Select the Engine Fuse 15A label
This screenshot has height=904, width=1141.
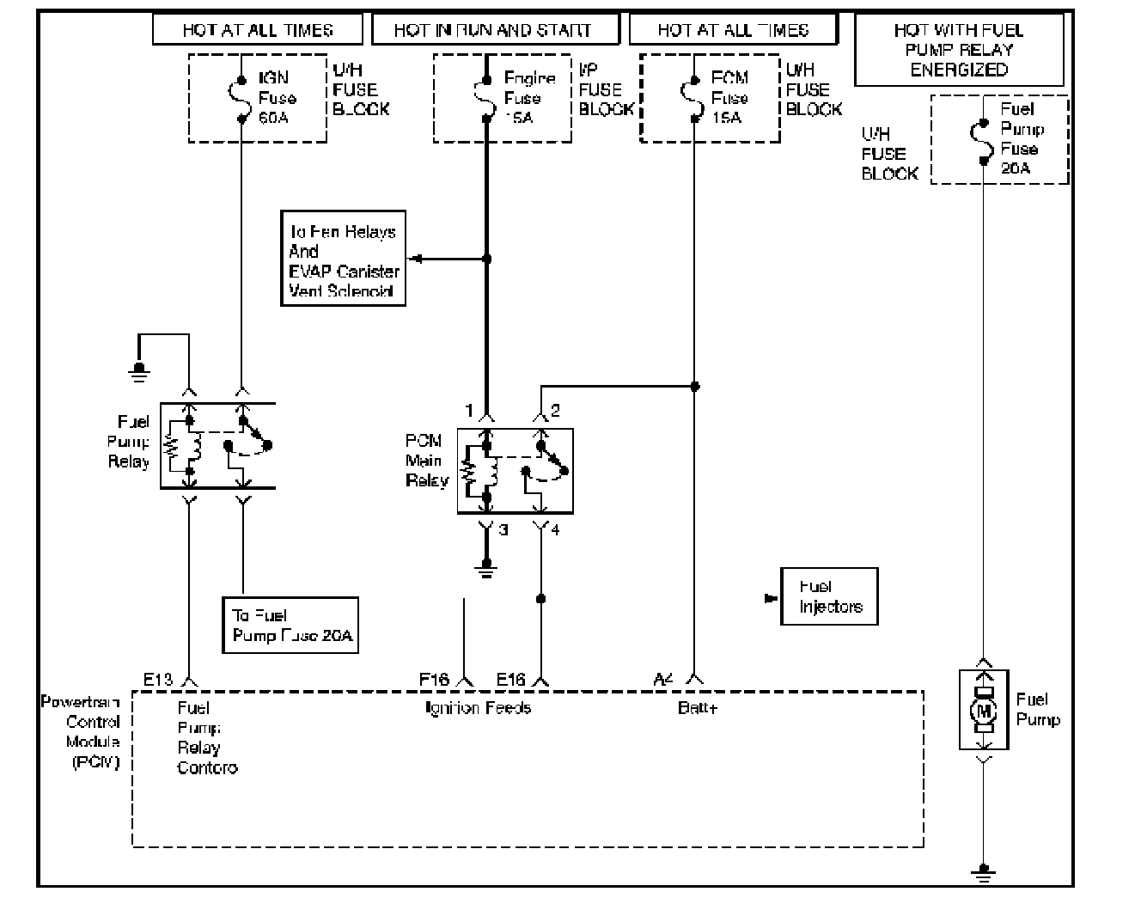(528, 98)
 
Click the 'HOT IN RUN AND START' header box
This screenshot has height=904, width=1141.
(495, 30)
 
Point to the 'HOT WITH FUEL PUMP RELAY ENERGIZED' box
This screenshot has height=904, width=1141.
(959, 50)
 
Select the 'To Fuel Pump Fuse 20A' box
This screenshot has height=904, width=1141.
(290, 626)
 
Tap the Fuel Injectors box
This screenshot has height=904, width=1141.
(829, 596)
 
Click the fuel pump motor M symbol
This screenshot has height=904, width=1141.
(984, 711)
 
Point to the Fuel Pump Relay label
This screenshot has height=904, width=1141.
(128, 442)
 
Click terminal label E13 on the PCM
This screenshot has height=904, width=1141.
(158, 680)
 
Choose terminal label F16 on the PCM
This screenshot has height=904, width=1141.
(434, 680)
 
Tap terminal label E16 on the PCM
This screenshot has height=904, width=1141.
(511, 680)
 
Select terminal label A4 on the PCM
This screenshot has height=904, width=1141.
(663, 680)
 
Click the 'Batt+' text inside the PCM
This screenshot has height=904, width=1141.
(697, 708)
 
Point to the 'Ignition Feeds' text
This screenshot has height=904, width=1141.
(479, 708)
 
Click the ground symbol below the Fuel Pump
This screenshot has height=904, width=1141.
(984, 871)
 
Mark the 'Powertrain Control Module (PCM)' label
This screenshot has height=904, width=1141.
(82, 732)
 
